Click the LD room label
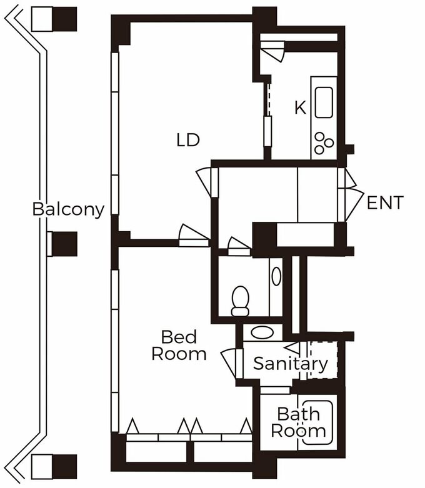[x=187, y=140]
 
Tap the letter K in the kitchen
[x=301, y=107]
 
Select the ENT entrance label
[x=385, y=202]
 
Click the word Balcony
[x=69, y=209]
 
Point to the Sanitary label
[x=291, y=364]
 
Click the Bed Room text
[x=179, y=346]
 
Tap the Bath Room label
[x=298, y=422]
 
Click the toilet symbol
[x=241, y=301]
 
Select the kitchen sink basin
[x=324, y=102]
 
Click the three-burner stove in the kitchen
[x=324, y=143]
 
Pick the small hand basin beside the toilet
[x=276, y=276]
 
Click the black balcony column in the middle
[x=64, y=244]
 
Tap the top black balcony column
[x=64, y=19]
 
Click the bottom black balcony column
[x=64, y=467]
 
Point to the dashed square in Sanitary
[x=322, y=360]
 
